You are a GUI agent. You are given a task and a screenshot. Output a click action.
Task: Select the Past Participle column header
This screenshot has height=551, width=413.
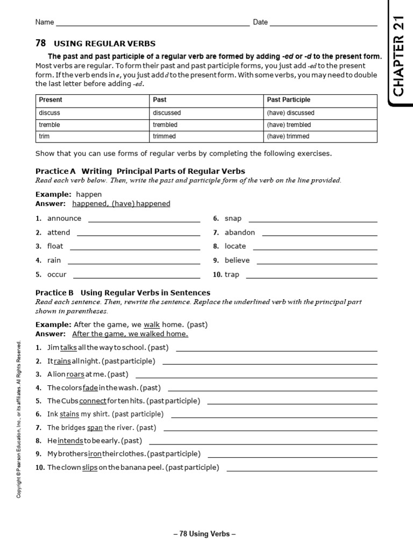[288, 100]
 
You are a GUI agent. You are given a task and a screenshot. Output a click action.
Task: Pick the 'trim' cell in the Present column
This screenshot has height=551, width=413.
[44, 136]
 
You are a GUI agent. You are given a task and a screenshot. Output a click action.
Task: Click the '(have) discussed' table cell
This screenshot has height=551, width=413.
[290, 113]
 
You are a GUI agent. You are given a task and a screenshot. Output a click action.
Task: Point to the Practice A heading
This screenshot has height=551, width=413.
[140, 171]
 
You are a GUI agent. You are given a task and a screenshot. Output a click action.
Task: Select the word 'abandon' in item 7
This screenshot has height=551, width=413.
[240, 232]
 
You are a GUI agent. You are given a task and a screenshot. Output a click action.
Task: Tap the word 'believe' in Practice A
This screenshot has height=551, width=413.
[237, 260]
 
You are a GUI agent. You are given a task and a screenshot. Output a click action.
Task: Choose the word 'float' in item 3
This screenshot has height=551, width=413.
[55, 246]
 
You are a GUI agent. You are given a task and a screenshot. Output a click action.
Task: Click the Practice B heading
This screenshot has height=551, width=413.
[123, 293]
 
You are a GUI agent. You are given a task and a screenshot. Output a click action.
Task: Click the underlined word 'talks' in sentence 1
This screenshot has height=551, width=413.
[69, 348]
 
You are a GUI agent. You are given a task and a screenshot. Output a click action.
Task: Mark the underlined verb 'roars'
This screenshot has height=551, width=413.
[75, 374]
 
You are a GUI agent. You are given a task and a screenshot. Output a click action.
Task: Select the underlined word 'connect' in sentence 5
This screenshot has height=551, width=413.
[92, 401]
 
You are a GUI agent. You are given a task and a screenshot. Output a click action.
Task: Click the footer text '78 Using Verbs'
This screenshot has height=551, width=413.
[204, 534]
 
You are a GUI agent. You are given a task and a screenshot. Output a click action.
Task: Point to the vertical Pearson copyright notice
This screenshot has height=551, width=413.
[19, 419]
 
